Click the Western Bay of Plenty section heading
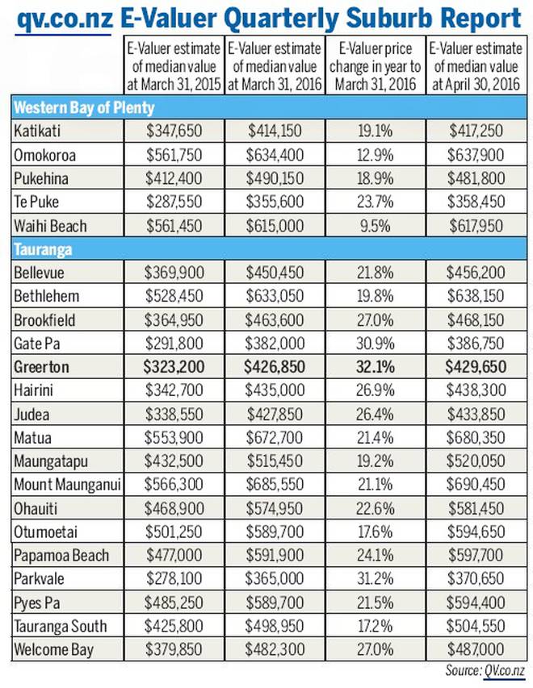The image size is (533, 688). click(x=84, y=107)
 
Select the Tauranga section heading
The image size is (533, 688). click(x=43, y=250)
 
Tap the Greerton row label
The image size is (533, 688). click(x=41, y=367)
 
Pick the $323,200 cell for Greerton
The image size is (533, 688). click(x=174, y=367)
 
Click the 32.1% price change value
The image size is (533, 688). click(x=376, y=367)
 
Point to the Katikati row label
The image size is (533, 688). click(x=37, y=131)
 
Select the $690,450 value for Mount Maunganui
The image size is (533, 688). click(x=476, y=485)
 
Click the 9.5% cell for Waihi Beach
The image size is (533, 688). click(x=376, y=226)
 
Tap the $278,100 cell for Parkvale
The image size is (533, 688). click(x=174, y=579)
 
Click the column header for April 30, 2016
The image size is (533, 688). click(x=476, y=66)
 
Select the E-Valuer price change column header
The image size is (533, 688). click(x=376, y=66)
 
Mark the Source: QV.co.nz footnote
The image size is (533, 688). click(x=485, y=670)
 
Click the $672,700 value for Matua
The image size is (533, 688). click(x=275, y=437)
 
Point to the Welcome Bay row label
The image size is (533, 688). click(x=53, y=650)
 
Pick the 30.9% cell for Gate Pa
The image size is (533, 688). click(x=376, y=344)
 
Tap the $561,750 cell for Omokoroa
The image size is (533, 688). click(x=174, y=155)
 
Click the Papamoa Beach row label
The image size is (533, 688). click(x=61, y=556)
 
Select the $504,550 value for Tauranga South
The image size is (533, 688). click(x=476, y=626)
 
